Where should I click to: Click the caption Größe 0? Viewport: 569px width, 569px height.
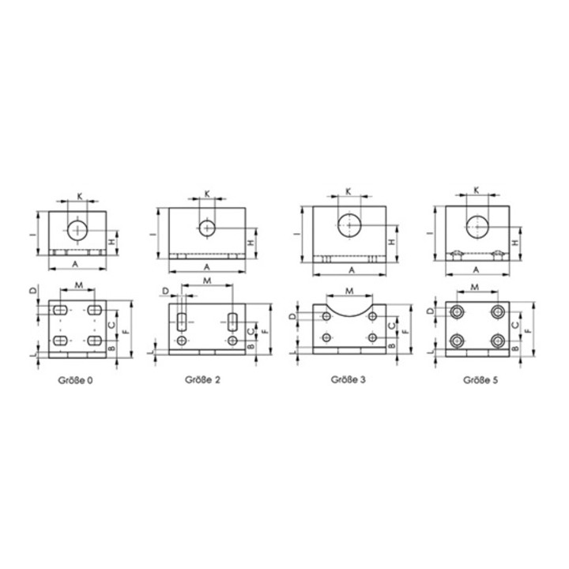(76, 380)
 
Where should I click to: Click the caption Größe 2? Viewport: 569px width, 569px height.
(202, 379)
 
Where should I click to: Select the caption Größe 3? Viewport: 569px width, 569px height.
(349, 379)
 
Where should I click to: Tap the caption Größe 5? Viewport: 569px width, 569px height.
(480, 380)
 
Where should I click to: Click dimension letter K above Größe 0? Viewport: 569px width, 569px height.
(80, 196)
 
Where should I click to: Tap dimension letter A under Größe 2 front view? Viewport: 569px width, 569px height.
(207, 267)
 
